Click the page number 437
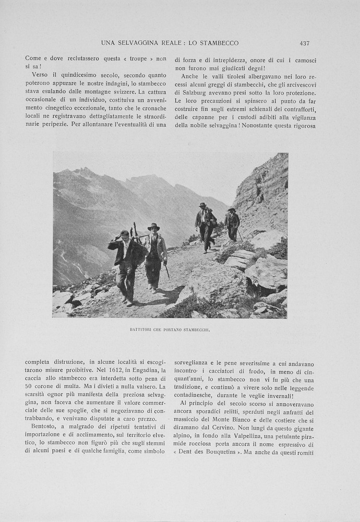pyautogui.click(x=305, y=43)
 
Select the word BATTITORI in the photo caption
pyautogui.click(x=141, y=330)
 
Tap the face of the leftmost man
pyautogui.click(x=124, y=236)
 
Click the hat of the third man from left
pyautogui.click(x=202, y=205)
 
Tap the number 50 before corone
pyautogui.click(x=29, y=386)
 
